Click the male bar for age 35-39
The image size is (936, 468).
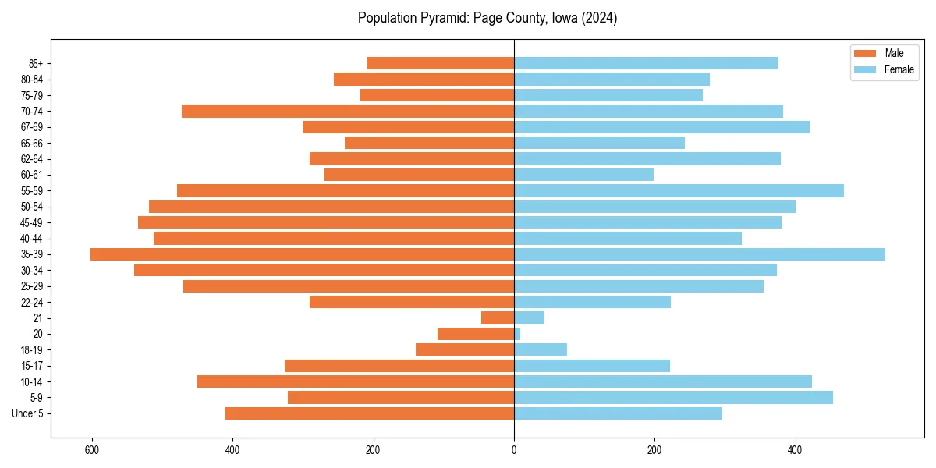tap(302, 254)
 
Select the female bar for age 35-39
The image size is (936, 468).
tap(699, 254)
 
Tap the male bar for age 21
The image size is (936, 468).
tap(498, 318)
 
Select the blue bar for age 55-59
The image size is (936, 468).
tap(679, 190)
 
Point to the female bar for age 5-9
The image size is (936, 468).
tap(673, 398)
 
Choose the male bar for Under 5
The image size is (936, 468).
tap(369, 413)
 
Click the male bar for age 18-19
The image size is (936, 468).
tap(465, 349)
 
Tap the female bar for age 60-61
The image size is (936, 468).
tap(583, 175)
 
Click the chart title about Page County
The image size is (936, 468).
tap(487, 18)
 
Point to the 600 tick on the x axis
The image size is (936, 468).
tap(92, 450)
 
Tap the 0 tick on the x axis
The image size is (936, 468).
tap(514, 450)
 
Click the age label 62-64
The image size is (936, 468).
tap(32, 159)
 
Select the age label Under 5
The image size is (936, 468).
tap(28, 413)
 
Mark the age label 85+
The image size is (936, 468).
tap(36, 63)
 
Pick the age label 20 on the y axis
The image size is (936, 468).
tap(38, 334)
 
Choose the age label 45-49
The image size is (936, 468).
tap(32, 222)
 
